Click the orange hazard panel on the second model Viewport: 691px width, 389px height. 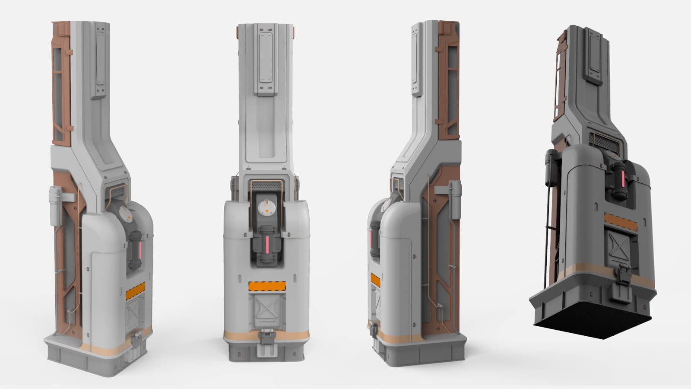tap(267, 286)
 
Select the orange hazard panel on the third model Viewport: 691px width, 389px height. tap(375, 281)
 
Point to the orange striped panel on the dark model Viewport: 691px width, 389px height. tap(620, 221)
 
